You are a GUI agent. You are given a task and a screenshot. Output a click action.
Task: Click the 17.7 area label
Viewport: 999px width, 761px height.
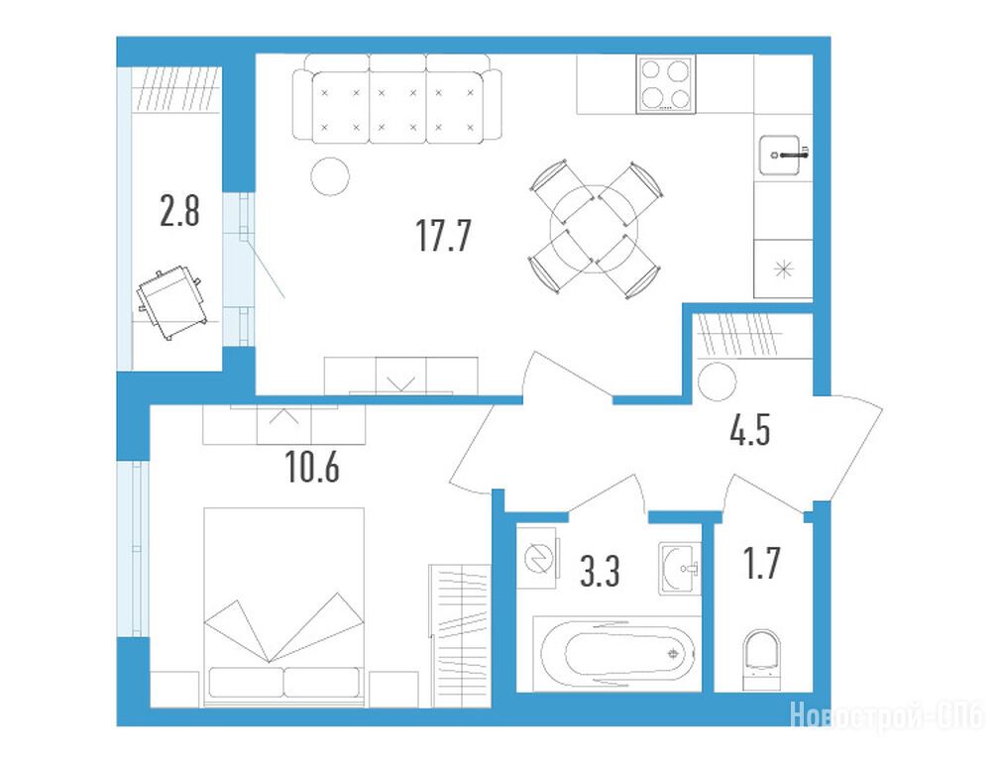point(443,235)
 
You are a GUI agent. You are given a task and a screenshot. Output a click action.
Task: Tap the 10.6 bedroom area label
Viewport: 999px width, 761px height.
point(312,467)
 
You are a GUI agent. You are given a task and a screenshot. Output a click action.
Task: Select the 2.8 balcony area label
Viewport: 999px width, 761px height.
point(179,211)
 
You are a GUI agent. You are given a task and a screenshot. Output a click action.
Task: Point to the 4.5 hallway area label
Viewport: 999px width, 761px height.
point(750,429)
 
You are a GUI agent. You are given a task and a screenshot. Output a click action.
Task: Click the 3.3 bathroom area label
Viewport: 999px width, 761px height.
point(601,570)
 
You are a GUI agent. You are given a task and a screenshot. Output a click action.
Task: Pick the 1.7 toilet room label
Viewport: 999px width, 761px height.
point(762,563)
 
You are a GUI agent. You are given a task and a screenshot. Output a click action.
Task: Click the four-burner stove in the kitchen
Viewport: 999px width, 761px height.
point(666,84)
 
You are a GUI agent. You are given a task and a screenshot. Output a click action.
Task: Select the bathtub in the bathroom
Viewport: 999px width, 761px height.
point(616,653)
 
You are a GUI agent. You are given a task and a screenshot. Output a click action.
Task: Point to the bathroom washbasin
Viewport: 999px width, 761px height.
point(680,569)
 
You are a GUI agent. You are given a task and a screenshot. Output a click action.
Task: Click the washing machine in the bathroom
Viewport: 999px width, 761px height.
point(539,558)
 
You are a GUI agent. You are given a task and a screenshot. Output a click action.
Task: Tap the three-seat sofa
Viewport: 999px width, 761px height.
point(396,99)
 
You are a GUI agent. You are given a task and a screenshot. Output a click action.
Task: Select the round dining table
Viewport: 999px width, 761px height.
point(594,229)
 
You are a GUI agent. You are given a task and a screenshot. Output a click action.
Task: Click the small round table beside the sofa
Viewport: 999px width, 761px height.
point(330,176)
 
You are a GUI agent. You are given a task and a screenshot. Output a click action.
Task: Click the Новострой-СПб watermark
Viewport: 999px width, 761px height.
point(887,714)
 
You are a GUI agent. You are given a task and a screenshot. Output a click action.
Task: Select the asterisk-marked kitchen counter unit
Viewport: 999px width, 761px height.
point(783,269)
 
